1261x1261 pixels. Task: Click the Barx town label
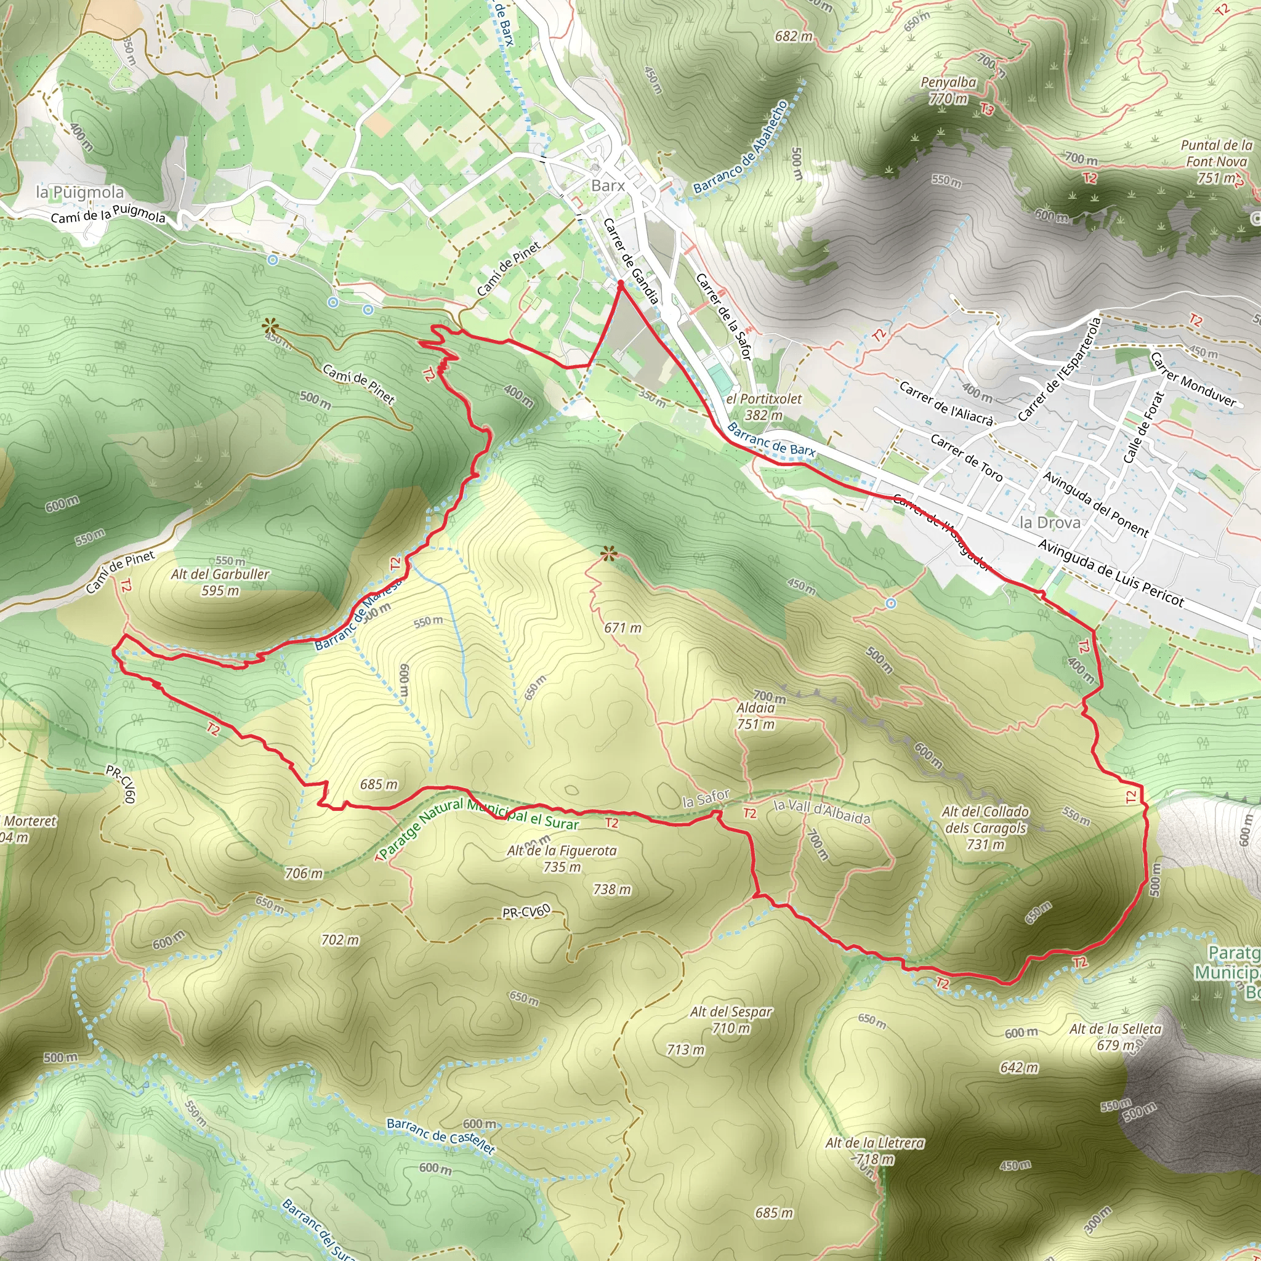coord(608,186)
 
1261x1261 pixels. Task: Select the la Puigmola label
coord(79,193)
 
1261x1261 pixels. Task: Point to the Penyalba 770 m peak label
coord(948,91)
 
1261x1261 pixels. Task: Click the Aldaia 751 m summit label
coord(756,716)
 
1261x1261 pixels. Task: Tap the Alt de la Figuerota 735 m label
coord(562,859)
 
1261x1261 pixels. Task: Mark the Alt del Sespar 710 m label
coord(731,1020)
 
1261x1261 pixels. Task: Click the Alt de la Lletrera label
coord(874,1143)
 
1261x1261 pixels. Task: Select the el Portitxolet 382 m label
coord(763,406)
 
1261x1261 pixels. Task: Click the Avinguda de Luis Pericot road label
coord(1110,574)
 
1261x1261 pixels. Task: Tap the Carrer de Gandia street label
coord(630,261)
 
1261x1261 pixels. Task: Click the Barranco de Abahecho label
coord(741,147)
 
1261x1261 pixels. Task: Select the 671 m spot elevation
coord(622,628)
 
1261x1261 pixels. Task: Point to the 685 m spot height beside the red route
coord(379,784)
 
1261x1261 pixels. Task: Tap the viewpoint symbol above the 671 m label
coord(608,555)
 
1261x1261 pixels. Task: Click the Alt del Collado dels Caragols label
coord(985,828)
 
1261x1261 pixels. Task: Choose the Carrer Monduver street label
coord(1193,379)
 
